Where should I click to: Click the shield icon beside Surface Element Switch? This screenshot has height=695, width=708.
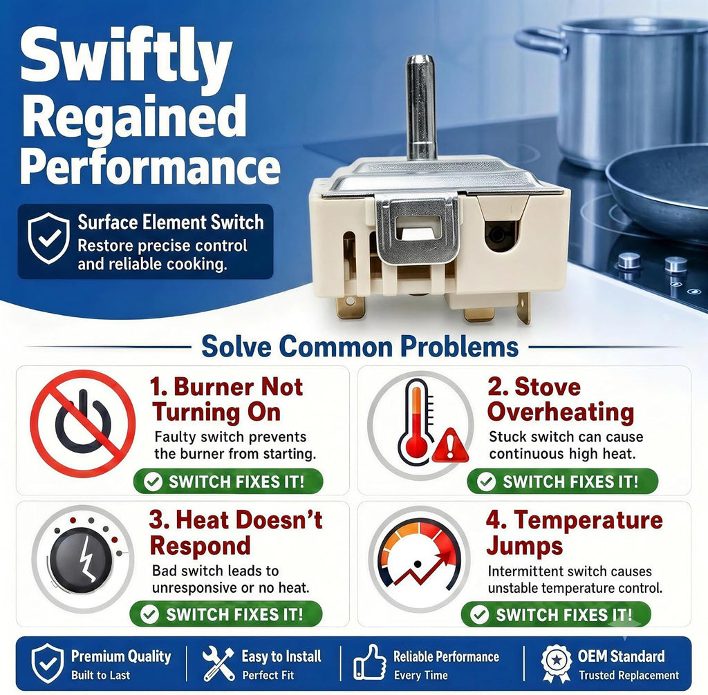pyautogui.click(x=48, y=238)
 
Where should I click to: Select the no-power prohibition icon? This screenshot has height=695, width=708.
pyautogui.click(x=83, y=423)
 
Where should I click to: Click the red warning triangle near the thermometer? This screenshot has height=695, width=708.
pyautogui.click(x=449, y=446)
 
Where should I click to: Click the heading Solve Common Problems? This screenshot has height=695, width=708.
pyautogui.click(x=360, y=347)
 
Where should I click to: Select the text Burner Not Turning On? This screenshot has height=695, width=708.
pyautogui.click(x=227, y=399)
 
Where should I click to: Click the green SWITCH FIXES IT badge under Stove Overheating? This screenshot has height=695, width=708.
pyautogui.click(x=562, y=481)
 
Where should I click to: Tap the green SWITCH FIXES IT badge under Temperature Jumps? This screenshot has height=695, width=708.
pyautogui.click(x=556, y=615)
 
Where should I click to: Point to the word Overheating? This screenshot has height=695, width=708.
pyautogui.click(x=560, y=412)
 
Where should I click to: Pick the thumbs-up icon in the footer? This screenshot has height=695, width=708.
pyautogui.click(x=370, y=662)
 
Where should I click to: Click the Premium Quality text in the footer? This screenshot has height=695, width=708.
pyautogui.click(x=121, y=656)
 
